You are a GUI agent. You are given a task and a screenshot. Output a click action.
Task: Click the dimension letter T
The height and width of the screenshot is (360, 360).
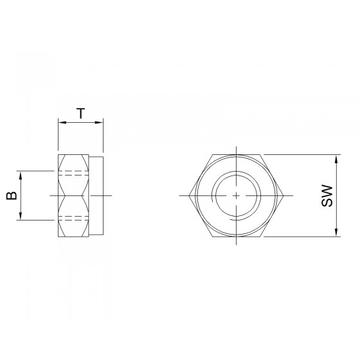81,113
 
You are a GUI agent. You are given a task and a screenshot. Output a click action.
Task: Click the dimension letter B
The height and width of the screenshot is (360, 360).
12,195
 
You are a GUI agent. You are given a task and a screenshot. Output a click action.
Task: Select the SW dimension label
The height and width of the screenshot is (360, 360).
327,195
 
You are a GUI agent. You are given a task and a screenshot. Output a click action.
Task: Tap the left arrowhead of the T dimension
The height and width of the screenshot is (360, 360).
62,122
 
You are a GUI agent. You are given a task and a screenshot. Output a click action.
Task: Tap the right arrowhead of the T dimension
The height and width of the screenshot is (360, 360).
99,122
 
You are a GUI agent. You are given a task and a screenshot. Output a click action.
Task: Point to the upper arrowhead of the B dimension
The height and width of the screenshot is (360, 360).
21,175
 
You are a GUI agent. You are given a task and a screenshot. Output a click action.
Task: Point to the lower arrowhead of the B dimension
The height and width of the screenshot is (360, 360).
21,216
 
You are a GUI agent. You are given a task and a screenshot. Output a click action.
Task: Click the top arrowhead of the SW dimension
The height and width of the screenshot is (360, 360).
336,159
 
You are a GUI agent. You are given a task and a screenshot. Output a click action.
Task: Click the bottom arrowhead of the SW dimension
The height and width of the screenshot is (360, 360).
336,232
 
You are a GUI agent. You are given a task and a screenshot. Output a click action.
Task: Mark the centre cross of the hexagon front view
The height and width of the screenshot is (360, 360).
237,195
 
